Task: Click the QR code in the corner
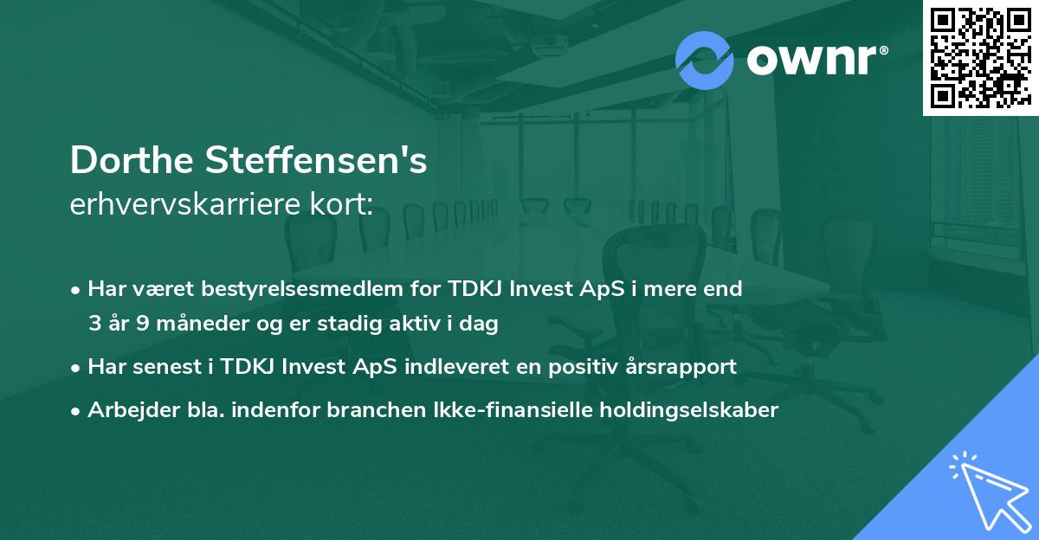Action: coord(980,57)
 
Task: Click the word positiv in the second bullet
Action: coord(580,366)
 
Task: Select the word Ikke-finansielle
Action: coord(495,409)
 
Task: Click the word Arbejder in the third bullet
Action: coord(125,409)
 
